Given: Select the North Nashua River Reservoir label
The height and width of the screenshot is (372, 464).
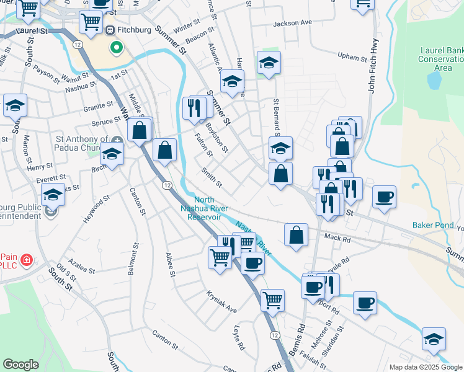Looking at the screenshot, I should click(207, 208).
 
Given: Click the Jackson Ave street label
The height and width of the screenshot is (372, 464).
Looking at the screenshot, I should click(293, 23).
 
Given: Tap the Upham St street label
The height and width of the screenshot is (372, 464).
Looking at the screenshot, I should click(354, 57).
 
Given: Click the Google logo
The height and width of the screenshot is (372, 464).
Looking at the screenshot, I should click(21, 365).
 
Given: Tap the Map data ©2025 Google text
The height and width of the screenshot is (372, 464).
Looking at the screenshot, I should click(425, 367).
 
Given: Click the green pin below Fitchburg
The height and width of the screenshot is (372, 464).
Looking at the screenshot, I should click(115, 47).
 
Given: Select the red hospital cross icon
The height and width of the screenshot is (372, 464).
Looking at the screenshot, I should click(25, 259).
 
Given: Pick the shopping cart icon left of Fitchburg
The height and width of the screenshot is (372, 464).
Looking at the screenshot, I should click(91, 22).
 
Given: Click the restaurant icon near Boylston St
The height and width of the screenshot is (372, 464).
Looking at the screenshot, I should click(195, 108).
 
